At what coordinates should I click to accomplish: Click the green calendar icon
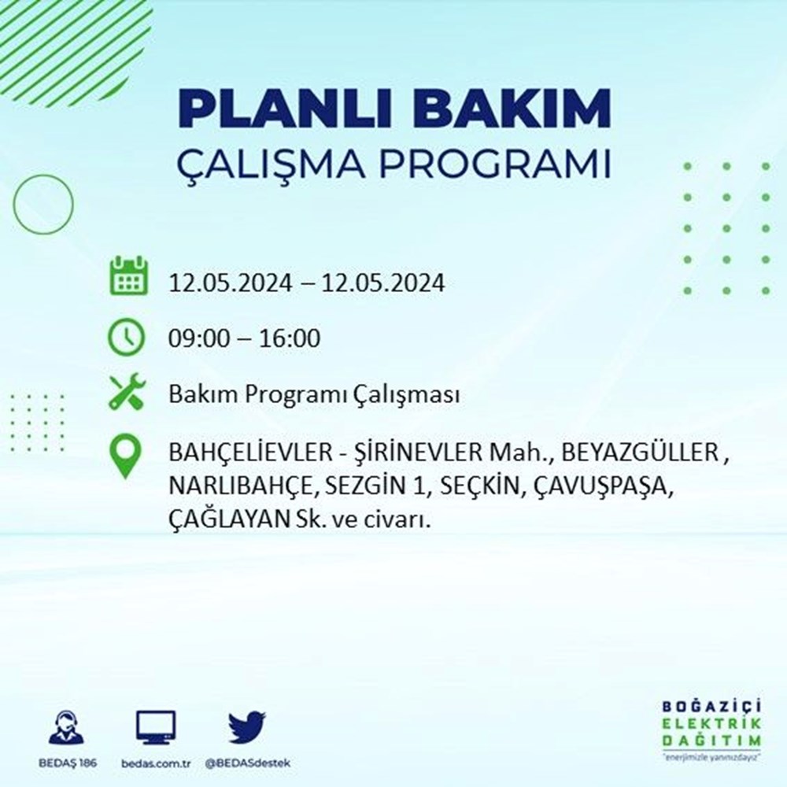point(127,275)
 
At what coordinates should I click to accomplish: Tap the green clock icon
point(127,338)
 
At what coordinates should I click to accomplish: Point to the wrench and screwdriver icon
point(127,392)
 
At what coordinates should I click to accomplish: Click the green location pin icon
point(127,457)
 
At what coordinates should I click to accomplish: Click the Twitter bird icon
point(247,728)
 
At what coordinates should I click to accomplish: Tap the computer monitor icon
point(156,728)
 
